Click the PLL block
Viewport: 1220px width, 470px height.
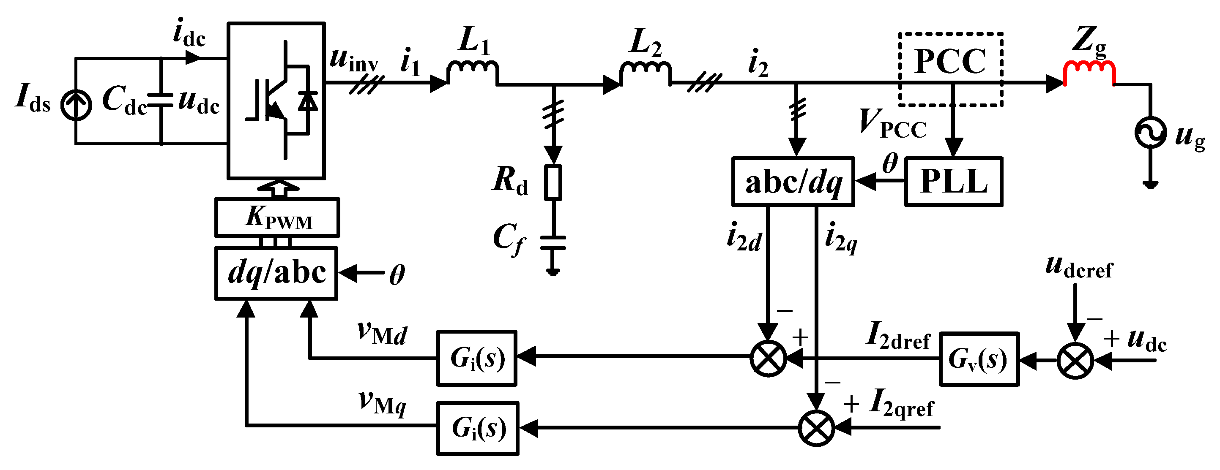[953, 182]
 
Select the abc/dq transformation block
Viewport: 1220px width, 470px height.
[793, 182]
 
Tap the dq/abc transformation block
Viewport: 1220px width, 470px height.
[276, 273]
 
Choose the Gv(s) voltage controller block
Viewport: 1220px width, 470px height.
[979, 359]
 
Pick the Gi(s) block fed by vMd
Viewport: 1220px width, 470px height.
[476, 358]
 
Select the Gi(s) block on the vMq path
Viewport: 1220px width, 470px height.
[477, 428]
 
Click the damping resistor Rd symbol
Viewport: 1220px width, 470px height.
[553, 182]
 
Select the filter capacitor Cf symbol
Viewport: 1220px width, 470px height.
[553, 242]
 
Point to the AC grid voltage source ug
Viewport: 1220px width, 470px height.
[1150, 132]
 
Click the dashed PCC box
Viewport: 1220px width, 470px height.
[951, 70]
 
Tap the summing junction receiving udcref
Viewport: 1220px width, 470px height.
[1075, 361]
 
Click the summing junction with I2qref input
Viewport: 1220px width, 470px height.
[816, 428]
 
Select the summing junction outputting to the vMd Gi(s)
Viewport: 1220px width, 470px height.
[768, 358]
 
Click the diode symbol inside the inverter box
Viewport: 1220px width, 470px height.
[307, 101]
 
